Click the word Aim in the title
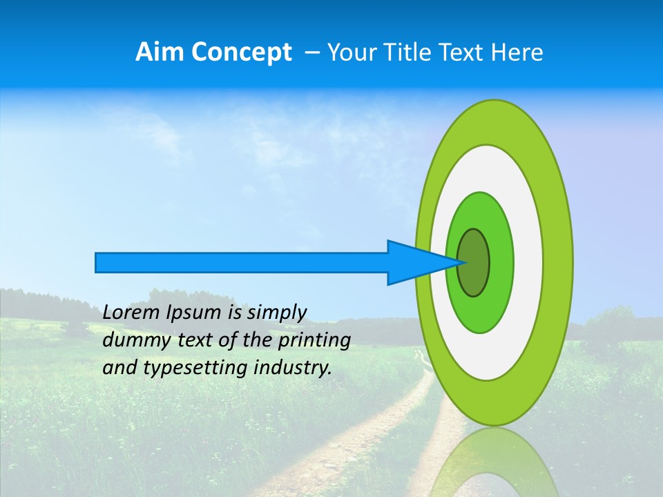tap(160, 52)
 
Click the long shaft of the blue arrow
tap(242, 262)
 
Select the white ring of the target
tap(528, 262)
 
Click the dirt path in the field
tap(387, 428)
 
